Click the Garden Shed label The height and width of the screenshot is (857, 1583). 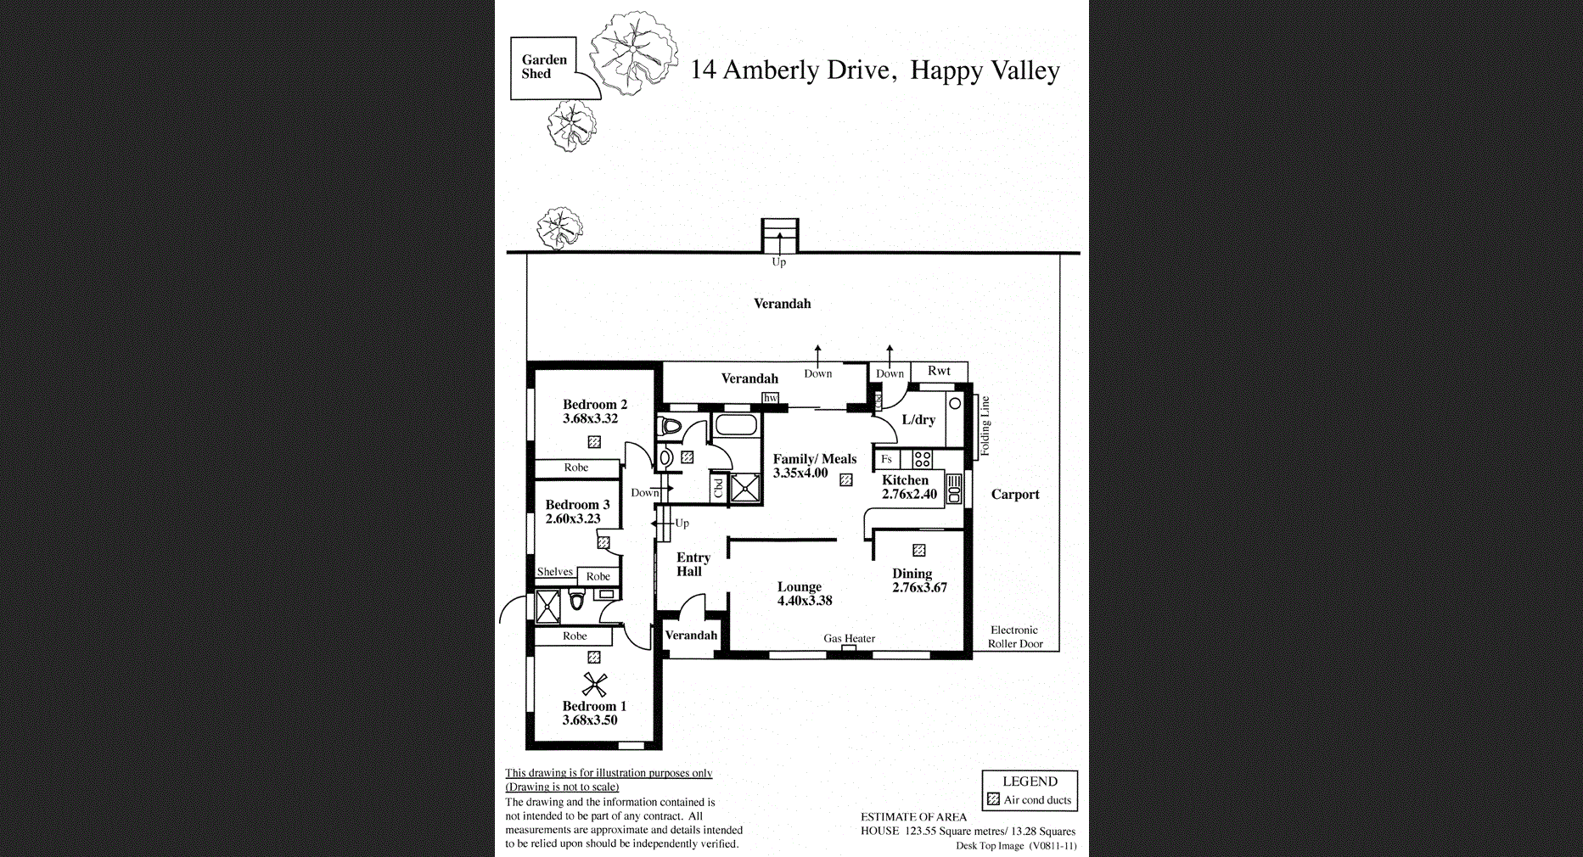coord(543,66)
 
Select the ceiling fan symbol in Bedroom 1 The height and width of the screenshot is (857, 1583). coord(594,684)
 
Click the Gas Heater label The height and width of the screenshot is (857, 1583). coord(849,638)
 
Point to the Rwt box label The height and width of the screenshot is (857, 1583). coord(939,371)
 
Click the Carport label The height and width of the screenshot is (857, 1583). coord(1014,495)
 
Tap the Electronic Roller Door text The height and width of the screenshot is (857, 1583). coord(1014,636)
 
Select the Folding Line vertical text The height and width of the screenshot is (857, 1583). coord(985,426)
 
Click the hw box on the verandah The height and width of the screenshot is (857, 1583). coord(770,397)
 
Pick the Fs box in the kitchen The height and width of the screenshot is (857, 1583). coord(886,459)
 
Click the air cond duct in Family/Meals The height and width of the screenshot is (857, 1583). coord(845,480)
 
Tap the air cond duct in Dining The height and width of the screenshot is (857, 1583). coord(918,550)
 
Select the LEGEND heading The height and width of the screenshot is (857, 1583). coord(1030,781)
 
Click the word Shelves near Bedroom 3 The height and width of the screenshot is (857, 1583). coord(554,572)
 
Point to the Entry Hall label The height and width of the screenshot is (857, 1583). coord(692,564)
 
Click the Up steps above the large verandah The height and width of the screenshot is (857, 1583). coord(779,235)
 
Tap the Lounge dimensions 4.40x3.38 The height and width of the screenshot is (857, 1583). coord(804,601)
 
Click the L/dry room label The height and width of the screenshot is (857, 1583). coord(918,419)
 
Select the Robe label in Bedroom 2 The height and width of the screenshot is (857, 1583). coord(575,468)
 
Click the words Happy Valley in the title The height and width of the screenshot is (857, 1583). coord(985,70)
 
